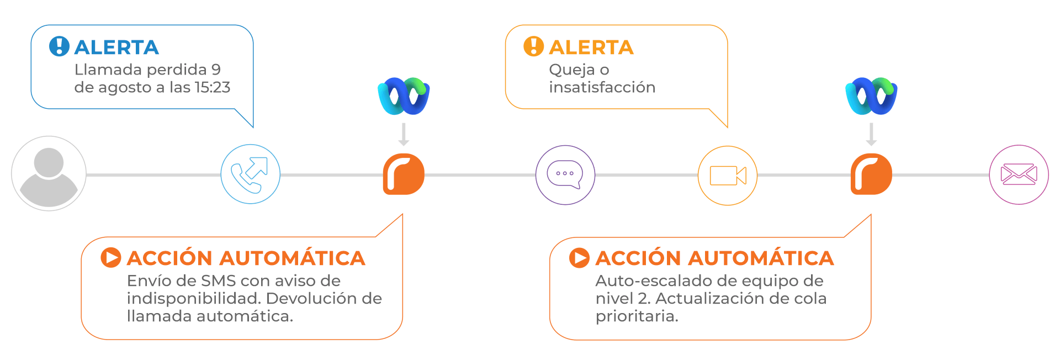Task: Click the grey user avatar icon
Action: coord(49,173)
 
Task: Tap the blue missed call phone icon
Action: coord(250,174)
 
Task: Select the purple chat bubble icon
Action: coord(565,174)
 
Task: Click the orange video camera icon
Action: coord(728,176)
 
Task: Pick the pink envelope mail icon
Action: coord(1019,174)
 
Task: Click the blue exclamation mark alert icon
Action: coord(59,46)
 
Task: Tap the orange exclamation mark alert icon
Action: coord(533,46)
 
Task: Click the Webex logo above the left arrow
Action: coord(404,96)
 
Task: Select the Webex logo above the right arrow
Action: coord(871,96)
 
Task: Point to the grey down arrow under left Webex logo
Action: coord(404,134)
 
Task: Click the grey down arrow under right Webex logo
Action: coord(871,134)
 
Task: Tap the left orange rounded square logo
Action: coord(404,174)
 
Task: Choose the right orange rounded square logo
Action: coord(871,174)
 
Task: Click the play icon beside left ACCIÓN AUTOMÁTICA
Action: coord(110,257)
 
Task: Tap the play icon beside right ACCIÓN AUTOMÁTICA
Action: coord(579,257)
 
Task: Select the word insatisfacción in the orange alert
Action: coord(602,87)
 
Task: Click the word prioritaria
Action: coord(637,316)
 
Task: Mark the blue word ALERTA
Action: coord(116,47)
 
